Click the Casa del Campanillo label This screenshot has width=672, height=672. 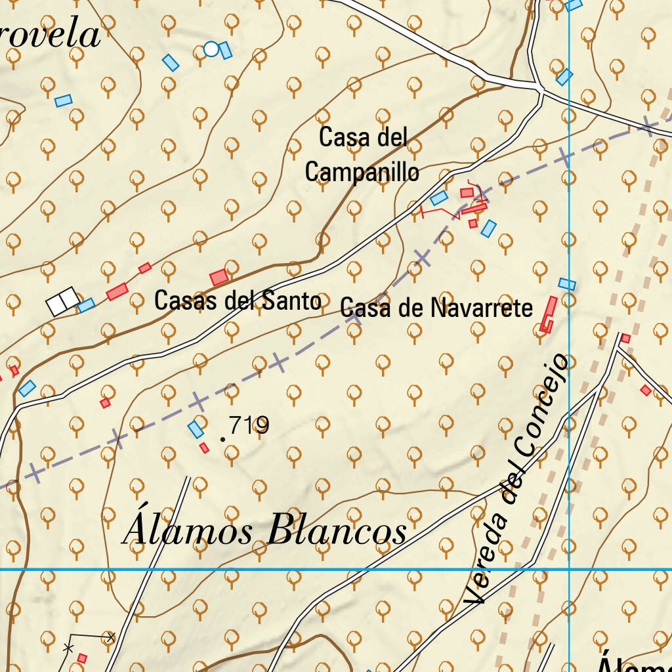[x=362, y=155]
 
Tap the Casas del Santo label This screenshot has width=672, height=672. [x=238, y=301]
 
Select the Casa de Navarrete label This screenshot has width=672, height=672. [x=436, y=307]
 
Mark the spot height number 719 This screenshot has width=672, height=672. [x=250, y=426]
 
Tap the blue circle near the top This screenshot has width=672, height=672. [x=211, y=49]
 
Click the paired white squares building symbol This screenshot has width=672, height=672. [x=63, y=301]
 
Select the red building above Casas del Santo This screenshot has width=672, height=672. [x=219, y=277]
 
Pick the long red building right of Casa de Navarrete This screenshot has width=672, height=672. [x=548, y=313]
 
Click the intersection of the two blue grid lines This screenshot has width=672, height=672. [x=569, y=569]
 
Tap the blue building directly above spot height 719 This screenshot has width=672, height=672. [x=196, y=429]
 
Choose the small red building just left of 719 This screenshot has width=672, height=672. [x=204, y=448]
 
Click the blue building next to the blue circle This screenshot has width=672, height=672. [x=226, y=51]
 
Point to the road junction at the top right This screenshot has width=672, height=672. [x=539, y=89]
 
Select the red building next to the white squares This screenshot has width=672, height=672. [x=117, y=291]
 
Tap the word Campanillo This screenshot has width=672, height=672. [x=362, y=172]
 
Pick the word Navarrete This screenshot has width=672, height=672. [x=482, y=307]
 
